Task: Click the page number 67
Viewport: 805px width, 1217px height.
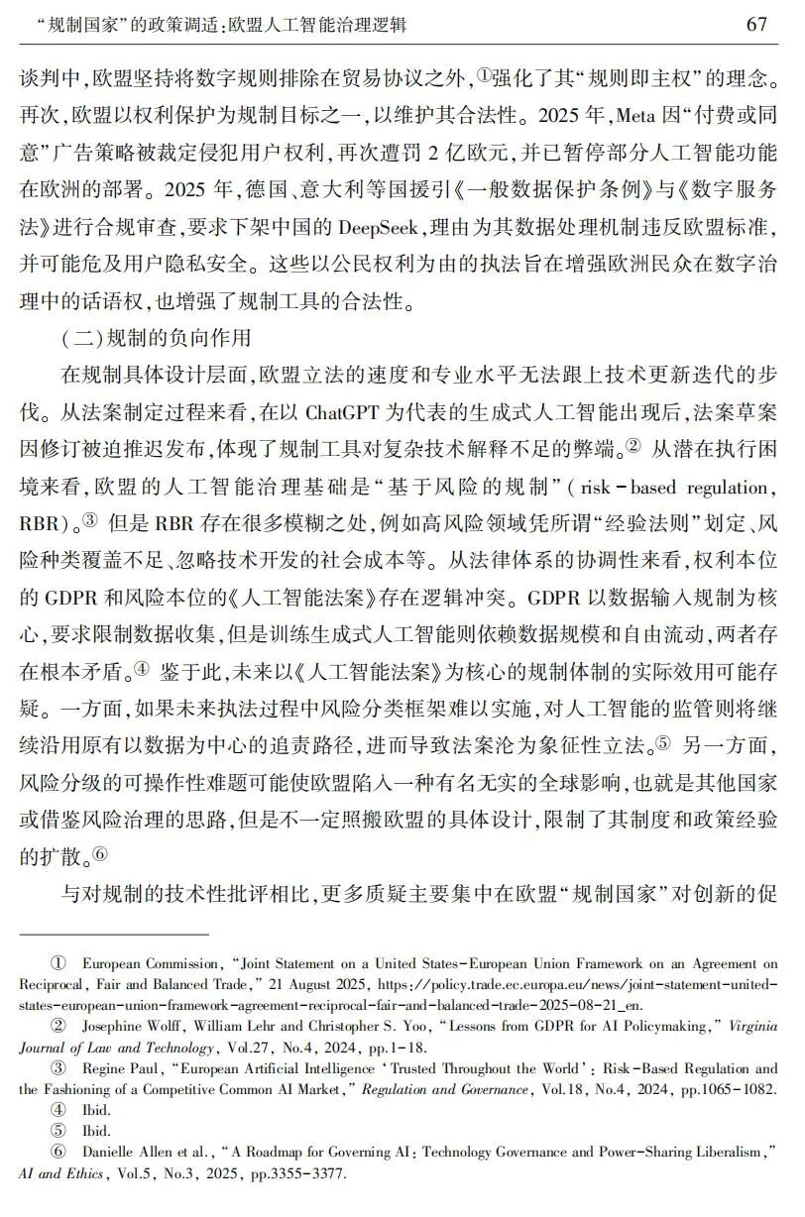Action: (x=756, y=25)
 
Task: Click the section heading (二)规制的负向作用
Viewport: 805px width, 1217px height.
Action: (x=157, y=341)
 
